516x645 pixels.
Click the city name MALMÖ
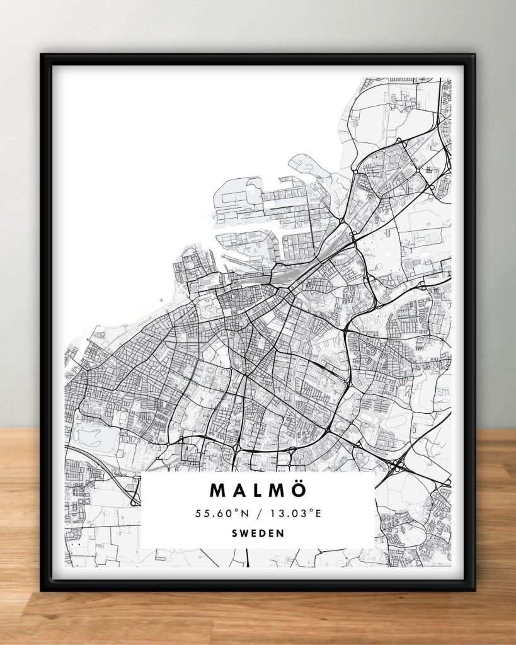258,490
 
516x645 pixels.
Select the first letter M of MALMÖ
217,490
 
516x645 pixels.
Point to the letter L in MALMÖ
257,490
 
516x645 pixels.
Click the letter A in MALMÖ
238,490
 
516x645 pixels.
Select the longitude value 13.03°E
297,513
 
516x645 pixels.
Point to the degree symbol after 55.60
237,510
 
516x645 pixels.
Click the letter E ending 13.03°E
318,513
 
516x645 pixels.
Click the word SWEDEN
258,533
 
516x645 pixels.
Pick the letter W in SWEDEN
243,533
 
